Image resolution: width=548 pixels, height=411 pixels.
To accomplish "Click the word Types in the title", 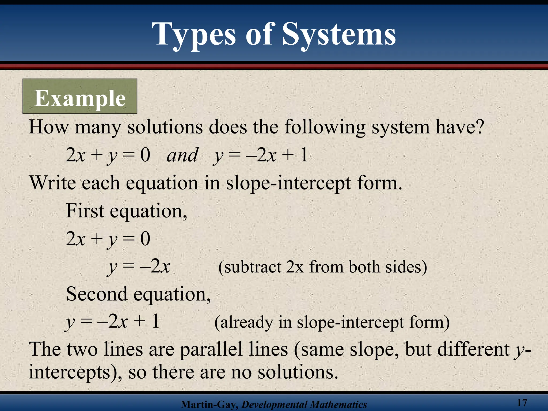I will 194,35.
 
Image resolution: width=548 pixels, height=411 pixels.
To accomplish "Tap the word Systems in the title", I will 339,35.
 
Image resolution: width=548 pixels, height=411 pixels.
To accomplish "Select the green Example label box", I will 80,96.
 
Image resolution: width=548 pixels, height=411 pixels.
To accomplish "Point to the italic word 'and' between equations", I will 182,155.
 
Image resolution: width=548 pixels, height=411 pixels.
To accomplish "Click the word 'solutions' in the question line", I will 165,127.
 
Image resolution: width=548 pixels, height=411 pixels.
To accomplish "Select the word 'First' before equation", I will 85,211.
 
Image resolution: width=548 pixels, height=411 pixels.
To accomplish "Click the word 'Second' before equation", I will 97,294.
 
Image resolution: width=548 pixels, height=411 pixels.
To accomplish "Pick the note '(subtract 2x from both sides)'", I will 322,267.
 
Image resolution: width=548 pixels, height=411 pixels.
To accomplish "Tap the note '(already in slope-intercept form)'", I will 332,322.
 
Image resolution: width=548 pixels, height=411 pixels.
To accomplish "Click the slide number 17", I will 522,402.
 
